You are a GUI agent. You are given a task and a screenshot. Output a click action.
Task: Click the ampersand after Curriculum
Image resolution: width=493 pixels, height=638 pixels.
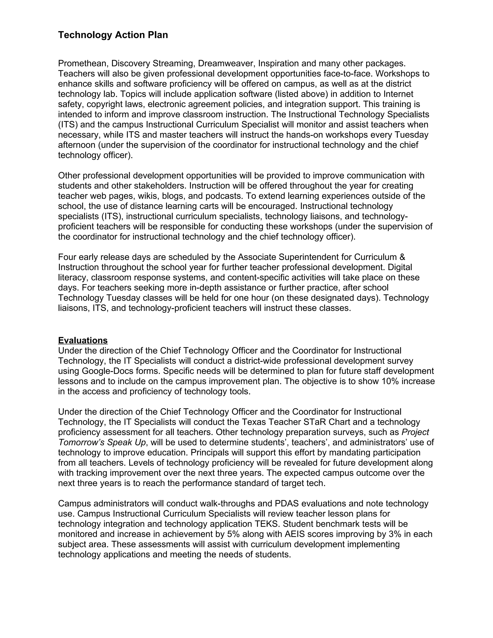coord(402,257)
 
